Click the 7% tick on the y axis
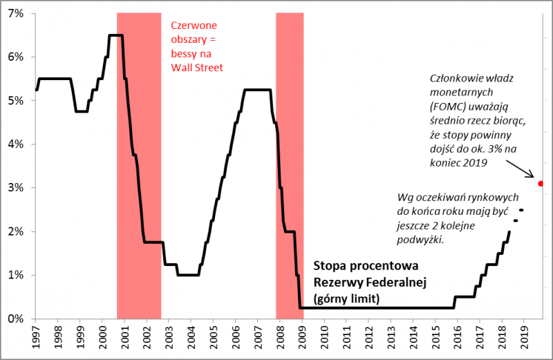point(16,13)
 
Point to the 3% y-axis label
point(16,187)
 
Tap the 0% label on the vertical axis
point(16,319)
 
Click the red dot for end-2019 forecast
point(541,183)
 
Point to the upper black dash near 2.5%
point(521,210)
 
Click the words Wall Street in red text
point(197,67)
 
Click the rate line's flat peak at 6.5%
point(116,35)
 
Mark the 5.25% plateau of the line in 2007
point(257,90)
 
